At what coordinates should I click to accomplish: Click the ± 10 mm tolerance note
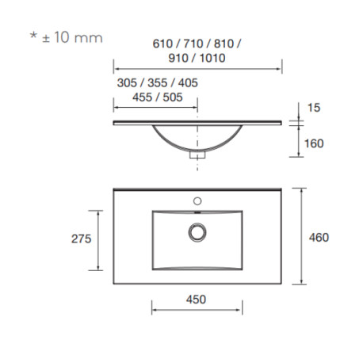pyautogui.click(x=72, y=37)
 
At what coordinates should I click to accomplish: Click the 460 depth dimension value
pyautogui.click(x=319, y=238)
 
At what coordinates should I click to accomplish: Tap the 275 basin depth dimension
pyautogui.click(x=81, y=239)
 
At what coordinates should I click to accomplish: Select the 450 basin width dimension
pyautogui.click(x=196, y=300)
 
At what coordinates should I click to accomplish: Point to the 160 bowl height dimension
pyautogui.click(x=314, y=143)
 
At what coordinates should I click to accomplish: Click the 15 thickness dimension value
pyautogui.click(x=314, y=108)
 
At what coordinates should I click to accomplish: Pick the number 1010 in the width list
pyautogui.click(x=212, y=58)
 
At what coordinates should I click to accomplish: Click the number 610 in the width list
pyautogui.click(x=162, y=44)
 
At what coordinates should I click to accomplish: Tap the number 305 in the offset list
pyautogui.click(x=127, y=83)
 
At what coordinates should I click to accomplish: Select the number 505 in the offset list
pyautogui.click(x=173, y=97)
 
